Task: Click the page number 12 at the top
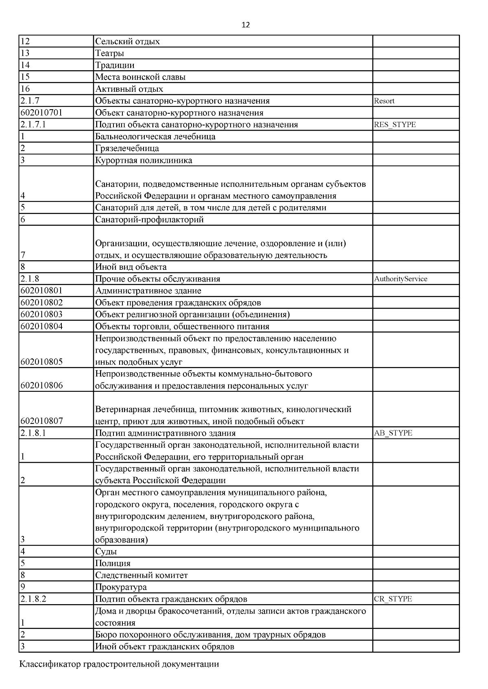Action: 246,25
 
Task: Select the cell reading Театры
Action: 109,53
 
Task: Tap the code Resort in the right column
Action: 384,101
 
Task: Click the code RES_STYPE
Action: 394,125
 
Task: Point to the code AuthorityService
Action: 400,279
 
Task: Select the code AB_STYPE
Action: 393,433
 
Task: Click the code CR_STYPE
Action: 392,599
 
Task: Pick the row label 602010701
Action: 41,113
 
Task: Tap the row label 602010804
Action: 41,326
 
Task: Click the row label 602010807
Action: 41,421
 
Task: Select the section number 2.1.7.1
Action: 33,125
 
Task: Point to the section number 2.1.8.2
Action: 33,599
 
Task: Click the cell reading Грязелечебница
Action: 127,148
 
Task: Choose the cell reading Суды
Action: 106,552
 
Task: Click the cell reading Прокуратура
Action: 121,587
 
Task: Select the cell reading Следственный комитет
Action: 141,575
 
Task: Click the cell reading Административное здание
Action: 148,291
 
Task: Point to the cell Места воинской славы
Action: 140,77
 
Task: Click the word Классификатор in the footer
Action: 50,664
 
